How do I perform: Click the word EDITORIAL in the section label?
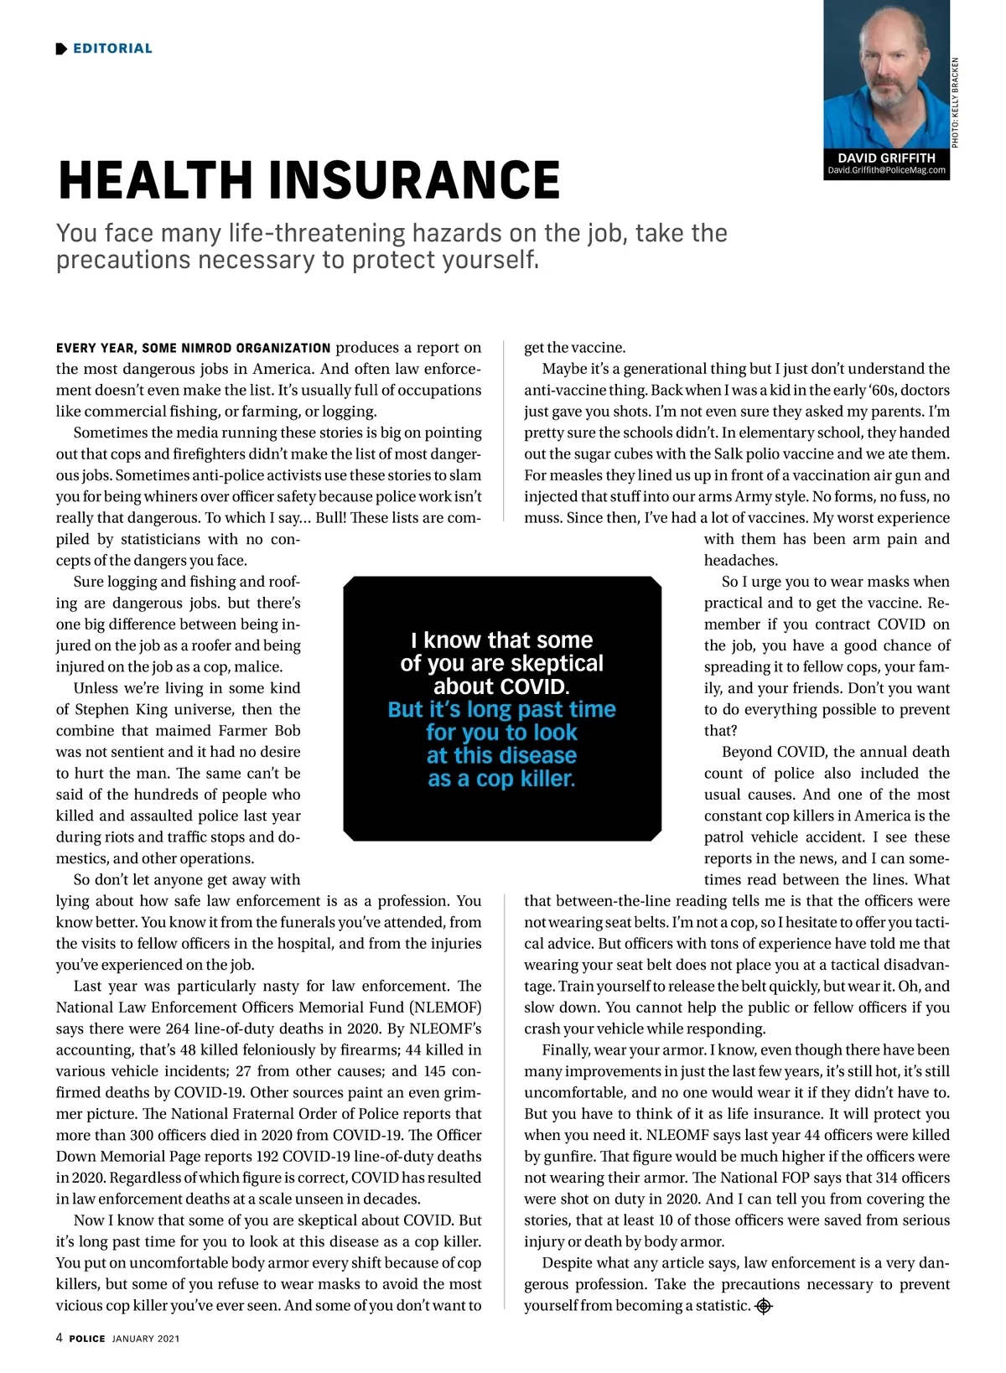coord(112,49)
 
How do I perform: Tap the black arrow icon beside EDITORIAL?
coord(61,49)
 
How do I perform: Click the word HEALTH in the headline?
coord(155,180)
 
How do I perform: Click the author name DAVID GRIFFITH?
coord(886,158)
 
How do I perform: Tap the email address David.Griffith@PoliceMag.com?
coord(886,170)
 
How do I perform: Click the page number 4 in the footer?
coord(60,1338)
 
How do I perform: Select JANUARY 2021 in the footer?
coord(146,1339)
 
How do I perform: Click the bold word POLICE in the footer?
coord(87,1339)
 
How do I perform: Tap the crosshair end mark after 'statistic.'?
coord(764,1306)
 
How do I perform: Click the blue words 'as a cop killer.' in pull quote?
coord(501,779)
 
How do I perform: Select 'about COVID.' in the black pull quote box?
coord(501,686)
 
